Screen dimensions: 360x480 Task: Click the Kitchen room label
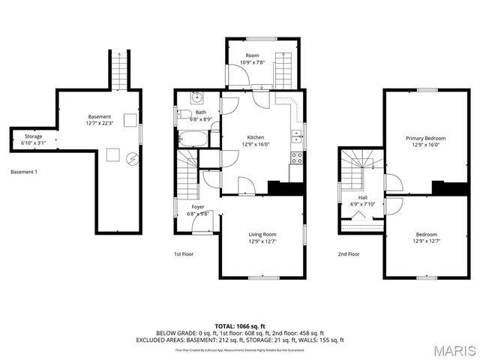[x=255, y=137]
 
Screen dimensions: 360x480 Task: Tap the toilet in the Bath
[x=184, y=115]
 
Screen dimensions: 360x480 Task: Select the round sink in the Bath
[x=195, y=97]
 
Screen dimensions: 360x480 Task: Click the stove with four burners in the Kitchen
[x=296, y=157]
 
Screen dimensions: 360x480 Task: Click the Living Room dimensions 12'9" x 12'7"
[x=262, y=241]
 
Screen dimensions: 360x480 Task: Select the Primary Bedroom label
[x=425, y=139]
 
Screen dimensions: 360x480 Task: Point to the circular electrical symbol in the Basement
[x=133, y=158]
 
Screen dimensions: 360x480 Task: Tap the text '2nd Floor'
[x=348, y=254]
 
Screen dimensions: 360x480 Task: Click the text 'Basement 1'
[x=24, y=172]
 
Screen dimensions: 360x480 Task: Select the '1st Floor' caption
[x=184, y=254]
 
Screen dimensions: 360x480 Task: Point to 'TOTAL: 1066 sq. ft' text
[x=240, y=326]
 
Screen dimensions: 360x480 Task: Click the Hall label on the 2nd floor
[x=363, y=198]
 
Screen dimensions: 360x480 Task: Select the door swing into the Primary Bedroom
[x=392, y=182]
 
